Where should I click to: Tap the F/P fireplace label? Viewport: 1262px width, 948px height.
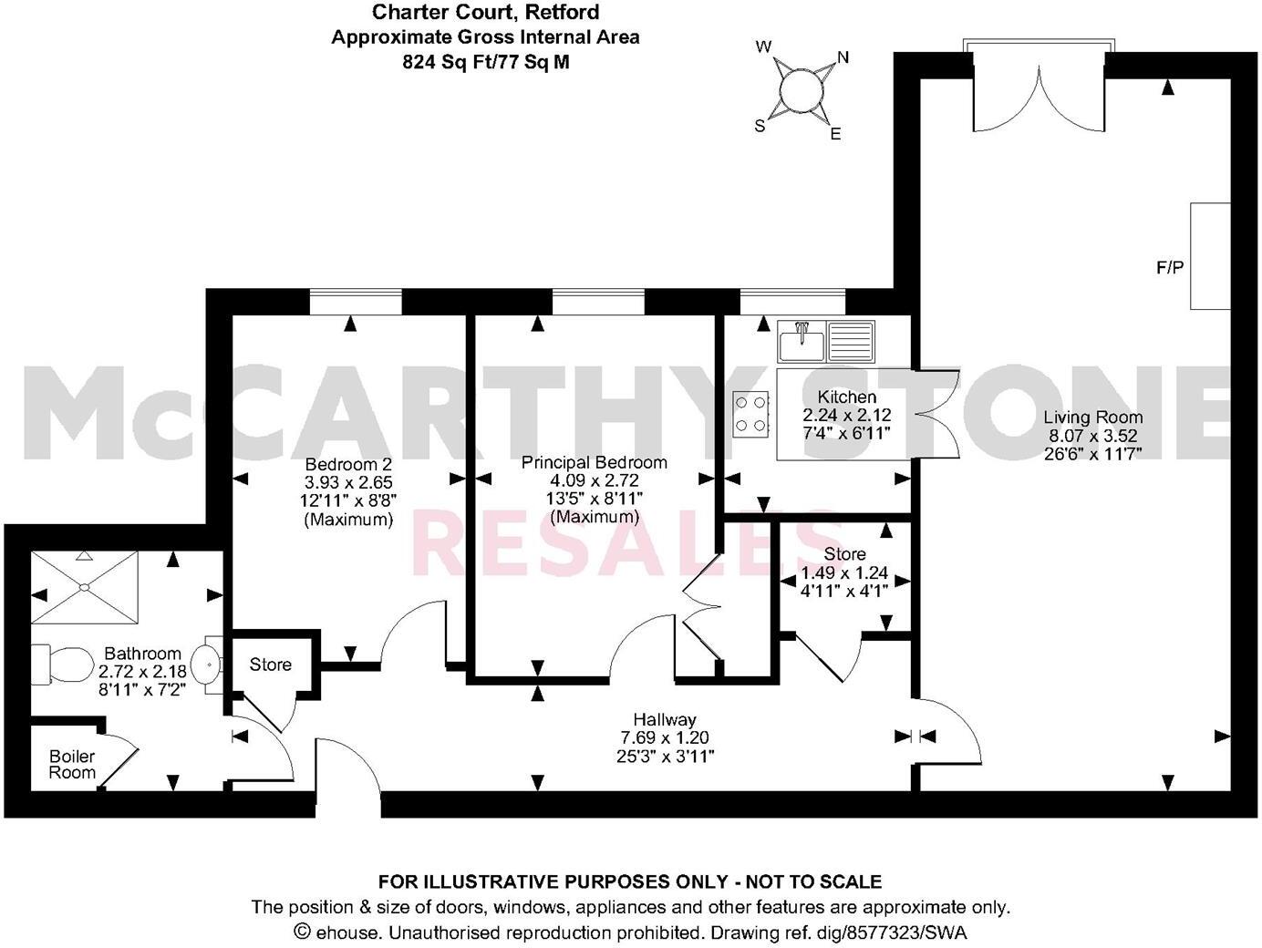pos(1170,268)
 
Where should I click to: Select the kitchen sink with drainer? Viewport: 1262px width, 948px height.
pos(825,342)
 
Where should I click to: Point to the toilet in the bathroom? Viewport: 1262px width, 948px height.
pos(59,664)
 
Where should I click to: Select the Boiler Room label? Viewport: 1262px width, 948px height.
pos(72,765)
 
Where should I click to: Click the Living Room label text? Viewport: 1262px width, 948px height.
pos(1093,417)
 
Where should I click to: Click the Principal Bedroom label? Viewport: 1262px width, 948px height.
pos(594,462)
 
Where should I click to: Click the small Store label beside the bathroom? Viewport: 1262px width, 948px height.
pos(271,665)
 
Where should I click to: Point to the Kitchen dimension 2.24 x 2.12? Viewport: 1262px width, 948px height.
pos(846,415)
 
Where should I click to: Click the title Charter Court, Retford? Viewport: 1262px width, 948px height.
pos(485,12)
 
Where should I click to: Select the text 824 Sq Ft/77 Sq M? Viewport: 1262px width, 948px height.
pos(485,62)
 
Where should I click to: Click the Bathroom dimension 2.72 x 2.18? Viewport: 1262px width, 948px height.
pos(142,672)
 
